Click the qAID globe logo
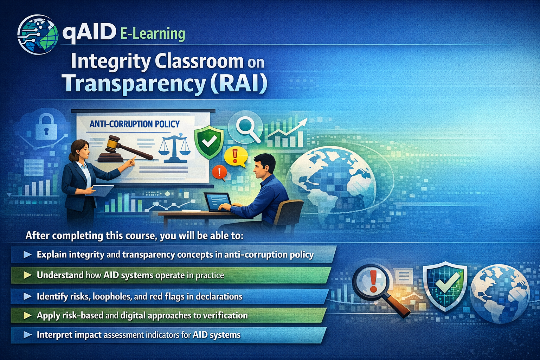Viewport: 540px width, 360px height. (38, 34)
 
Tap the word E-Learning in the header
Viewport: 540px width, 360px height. (153, 34)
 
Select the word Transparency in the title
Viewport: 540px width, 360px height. (134, 83)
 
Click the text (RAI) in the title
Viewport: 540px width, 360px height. (239, 83)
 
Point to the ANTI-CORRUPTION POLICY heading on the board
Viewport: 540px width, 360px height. (135, 124)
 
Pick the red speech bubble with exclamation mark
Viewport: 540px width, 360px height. (219, 172)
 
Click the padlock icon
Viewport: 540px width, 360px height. (46, 126)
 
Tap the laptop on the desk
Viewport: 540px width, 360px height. (218, 202)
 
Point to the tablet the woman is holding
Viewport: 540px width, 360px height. (102, 190)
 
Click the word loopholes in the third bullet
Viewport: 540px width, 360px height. (112, 296)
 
